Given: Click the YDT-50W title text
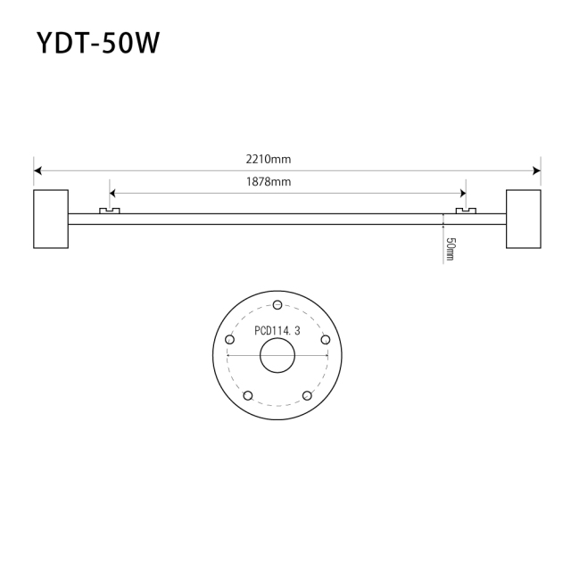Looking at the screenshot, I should click(x=98, y=43).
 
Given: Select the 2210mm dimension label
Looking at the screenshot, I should click(x=269, y=159).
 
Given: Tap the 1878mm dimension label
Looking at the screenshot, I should click(x=269, y=182).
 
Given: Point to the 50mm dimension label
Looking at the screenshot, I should click(x=451, y=248).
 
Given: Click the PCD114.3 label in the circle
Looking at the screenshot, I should click(x=277, y=330).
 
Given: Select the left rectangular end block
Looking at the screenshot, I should click(x=51, y=218).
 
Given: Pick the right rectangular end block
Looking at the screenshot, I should click(x=523, y=218).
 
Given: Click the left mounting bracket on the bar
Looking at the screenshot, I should click(x=109, y=211).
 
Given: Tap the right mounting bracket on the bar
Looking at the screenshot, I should click(x=466, y=211).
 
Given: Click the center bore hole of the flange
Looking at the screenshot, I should click(x=277, y=357).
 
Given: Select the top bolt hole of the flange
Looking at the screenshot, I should click(x=277, y=307).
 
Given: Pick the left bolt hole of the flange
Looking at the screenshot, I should click(x=229, y=340).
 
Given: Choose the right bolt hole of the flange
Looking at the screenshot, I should click(x=326, y=340).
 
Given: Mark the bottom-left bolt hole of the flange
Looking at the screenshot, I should click(x=248, y=395).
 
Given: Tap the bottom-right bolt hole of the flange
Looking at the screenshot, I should click(x=307, y=395).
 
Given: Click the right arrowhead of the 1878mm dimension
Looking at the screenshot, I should click(x=461, y=193).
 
